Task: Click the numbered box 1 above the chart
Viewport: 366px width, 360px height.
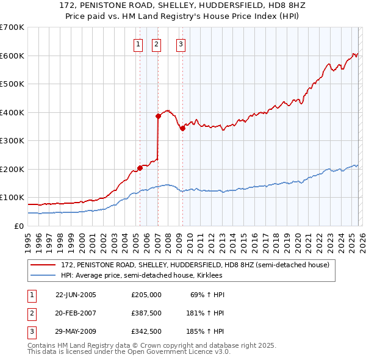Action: coord(138,43)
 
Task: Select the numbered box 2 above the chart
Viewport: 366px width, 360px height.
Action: coord(156,43)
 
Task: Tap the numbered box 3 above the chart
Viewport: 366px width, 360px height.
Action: coord(181,43)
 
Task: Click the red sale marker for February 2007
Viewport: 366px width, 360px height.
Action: coord(158,115)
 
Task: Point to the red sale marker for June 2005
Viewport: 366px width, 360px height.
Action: coord(140,167)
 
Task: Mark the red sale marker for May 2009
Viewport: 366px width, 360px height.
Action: coord(182,128)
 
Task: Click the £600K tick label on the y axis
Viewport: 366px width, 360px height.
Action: coord(12,56)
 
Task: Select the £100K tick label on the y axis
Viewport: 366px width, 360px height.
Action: coord(12,198)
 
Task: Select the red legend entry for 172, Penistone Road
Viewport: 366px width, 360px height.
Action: coord(195,265)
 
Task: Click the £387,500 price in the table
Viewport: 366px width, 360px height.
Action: coord(146,314)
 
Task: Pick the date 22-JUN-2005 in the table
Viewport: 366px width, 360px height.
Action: coord(76,294)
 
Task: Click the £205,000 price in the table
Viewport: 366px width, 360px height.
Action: coord(146,294)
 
